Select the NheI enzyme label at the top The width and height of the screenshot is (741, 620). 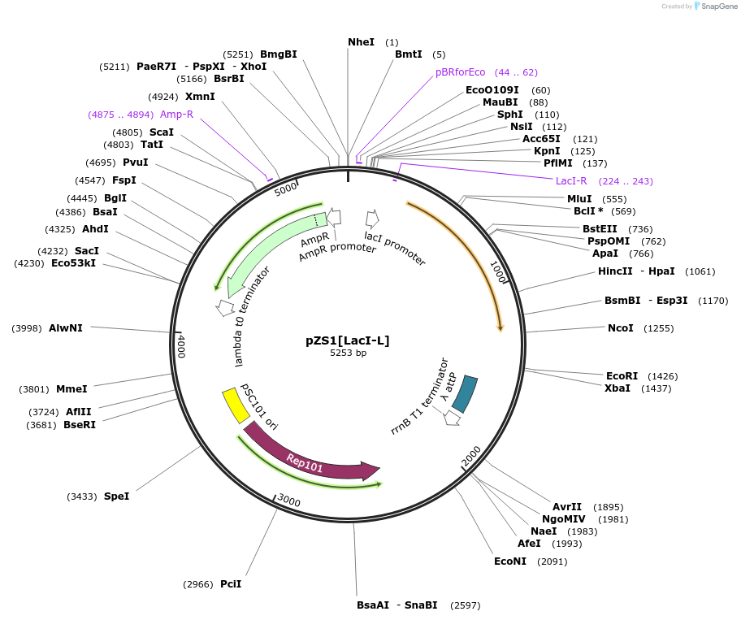(361, 41)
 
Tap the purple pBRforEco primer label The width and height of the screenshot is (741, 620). (460, 72)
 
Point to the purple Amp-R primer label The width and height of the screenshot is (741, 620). (176, 115)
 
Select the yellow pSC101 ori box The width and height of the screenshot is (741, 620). (236, 405)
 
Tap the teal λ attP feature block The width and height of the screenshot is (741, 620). (465, 393)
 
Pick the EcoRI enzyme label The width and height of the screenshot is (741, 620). (622, 375)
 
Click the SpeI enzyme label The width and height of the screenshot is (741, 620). (116, 496)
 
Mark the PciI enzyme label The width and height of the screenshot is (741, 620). (231, 583)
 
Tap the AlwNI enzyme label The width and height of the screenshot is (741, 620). (66, 327)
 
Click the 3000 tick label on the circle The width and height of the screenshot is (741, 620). (289, 501)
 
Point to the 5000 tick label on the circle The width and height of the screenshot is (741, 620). (286, 189)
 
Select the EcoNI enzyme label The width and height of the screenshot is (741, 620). (510, 561)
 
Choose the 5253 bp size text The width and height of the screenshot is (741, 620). (348, 353)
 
